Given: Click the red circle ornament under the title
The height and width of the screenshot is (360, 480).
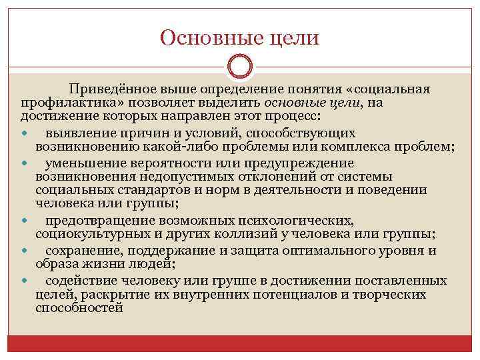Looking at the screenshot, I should click(240, 67).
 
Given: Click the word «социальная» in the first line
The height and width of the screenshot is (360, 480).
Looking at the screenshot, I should click(393, 90).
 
